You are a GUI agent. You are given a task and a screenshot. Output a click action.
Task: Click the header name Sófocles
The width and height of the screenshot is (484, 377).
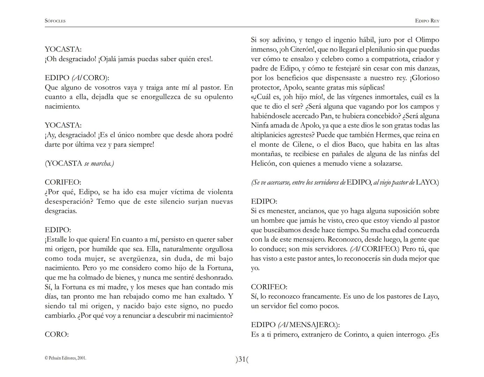point(55,21)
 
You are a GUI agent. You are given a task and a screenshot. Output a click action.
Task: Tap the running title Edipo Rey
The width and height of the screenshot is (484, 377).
point(427,21)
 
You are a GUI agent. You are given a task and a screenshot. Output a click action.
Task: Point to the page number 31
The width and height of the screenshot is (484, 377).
point(242,359)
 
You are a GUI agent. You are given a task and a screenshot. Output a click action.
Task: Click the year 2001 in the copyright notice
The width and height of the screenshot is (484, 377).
point(82,358)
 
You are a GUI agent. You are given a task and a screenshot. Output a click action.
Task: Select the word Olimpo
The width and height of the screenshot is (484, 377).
point(428,40)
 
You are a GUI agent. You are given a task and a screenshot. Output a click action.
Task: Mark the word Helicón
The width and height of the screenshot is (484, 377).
point(264,163)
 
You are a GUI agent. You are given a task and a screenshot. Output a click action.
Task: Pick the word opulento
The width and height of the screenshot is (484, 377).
point(218,97)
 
